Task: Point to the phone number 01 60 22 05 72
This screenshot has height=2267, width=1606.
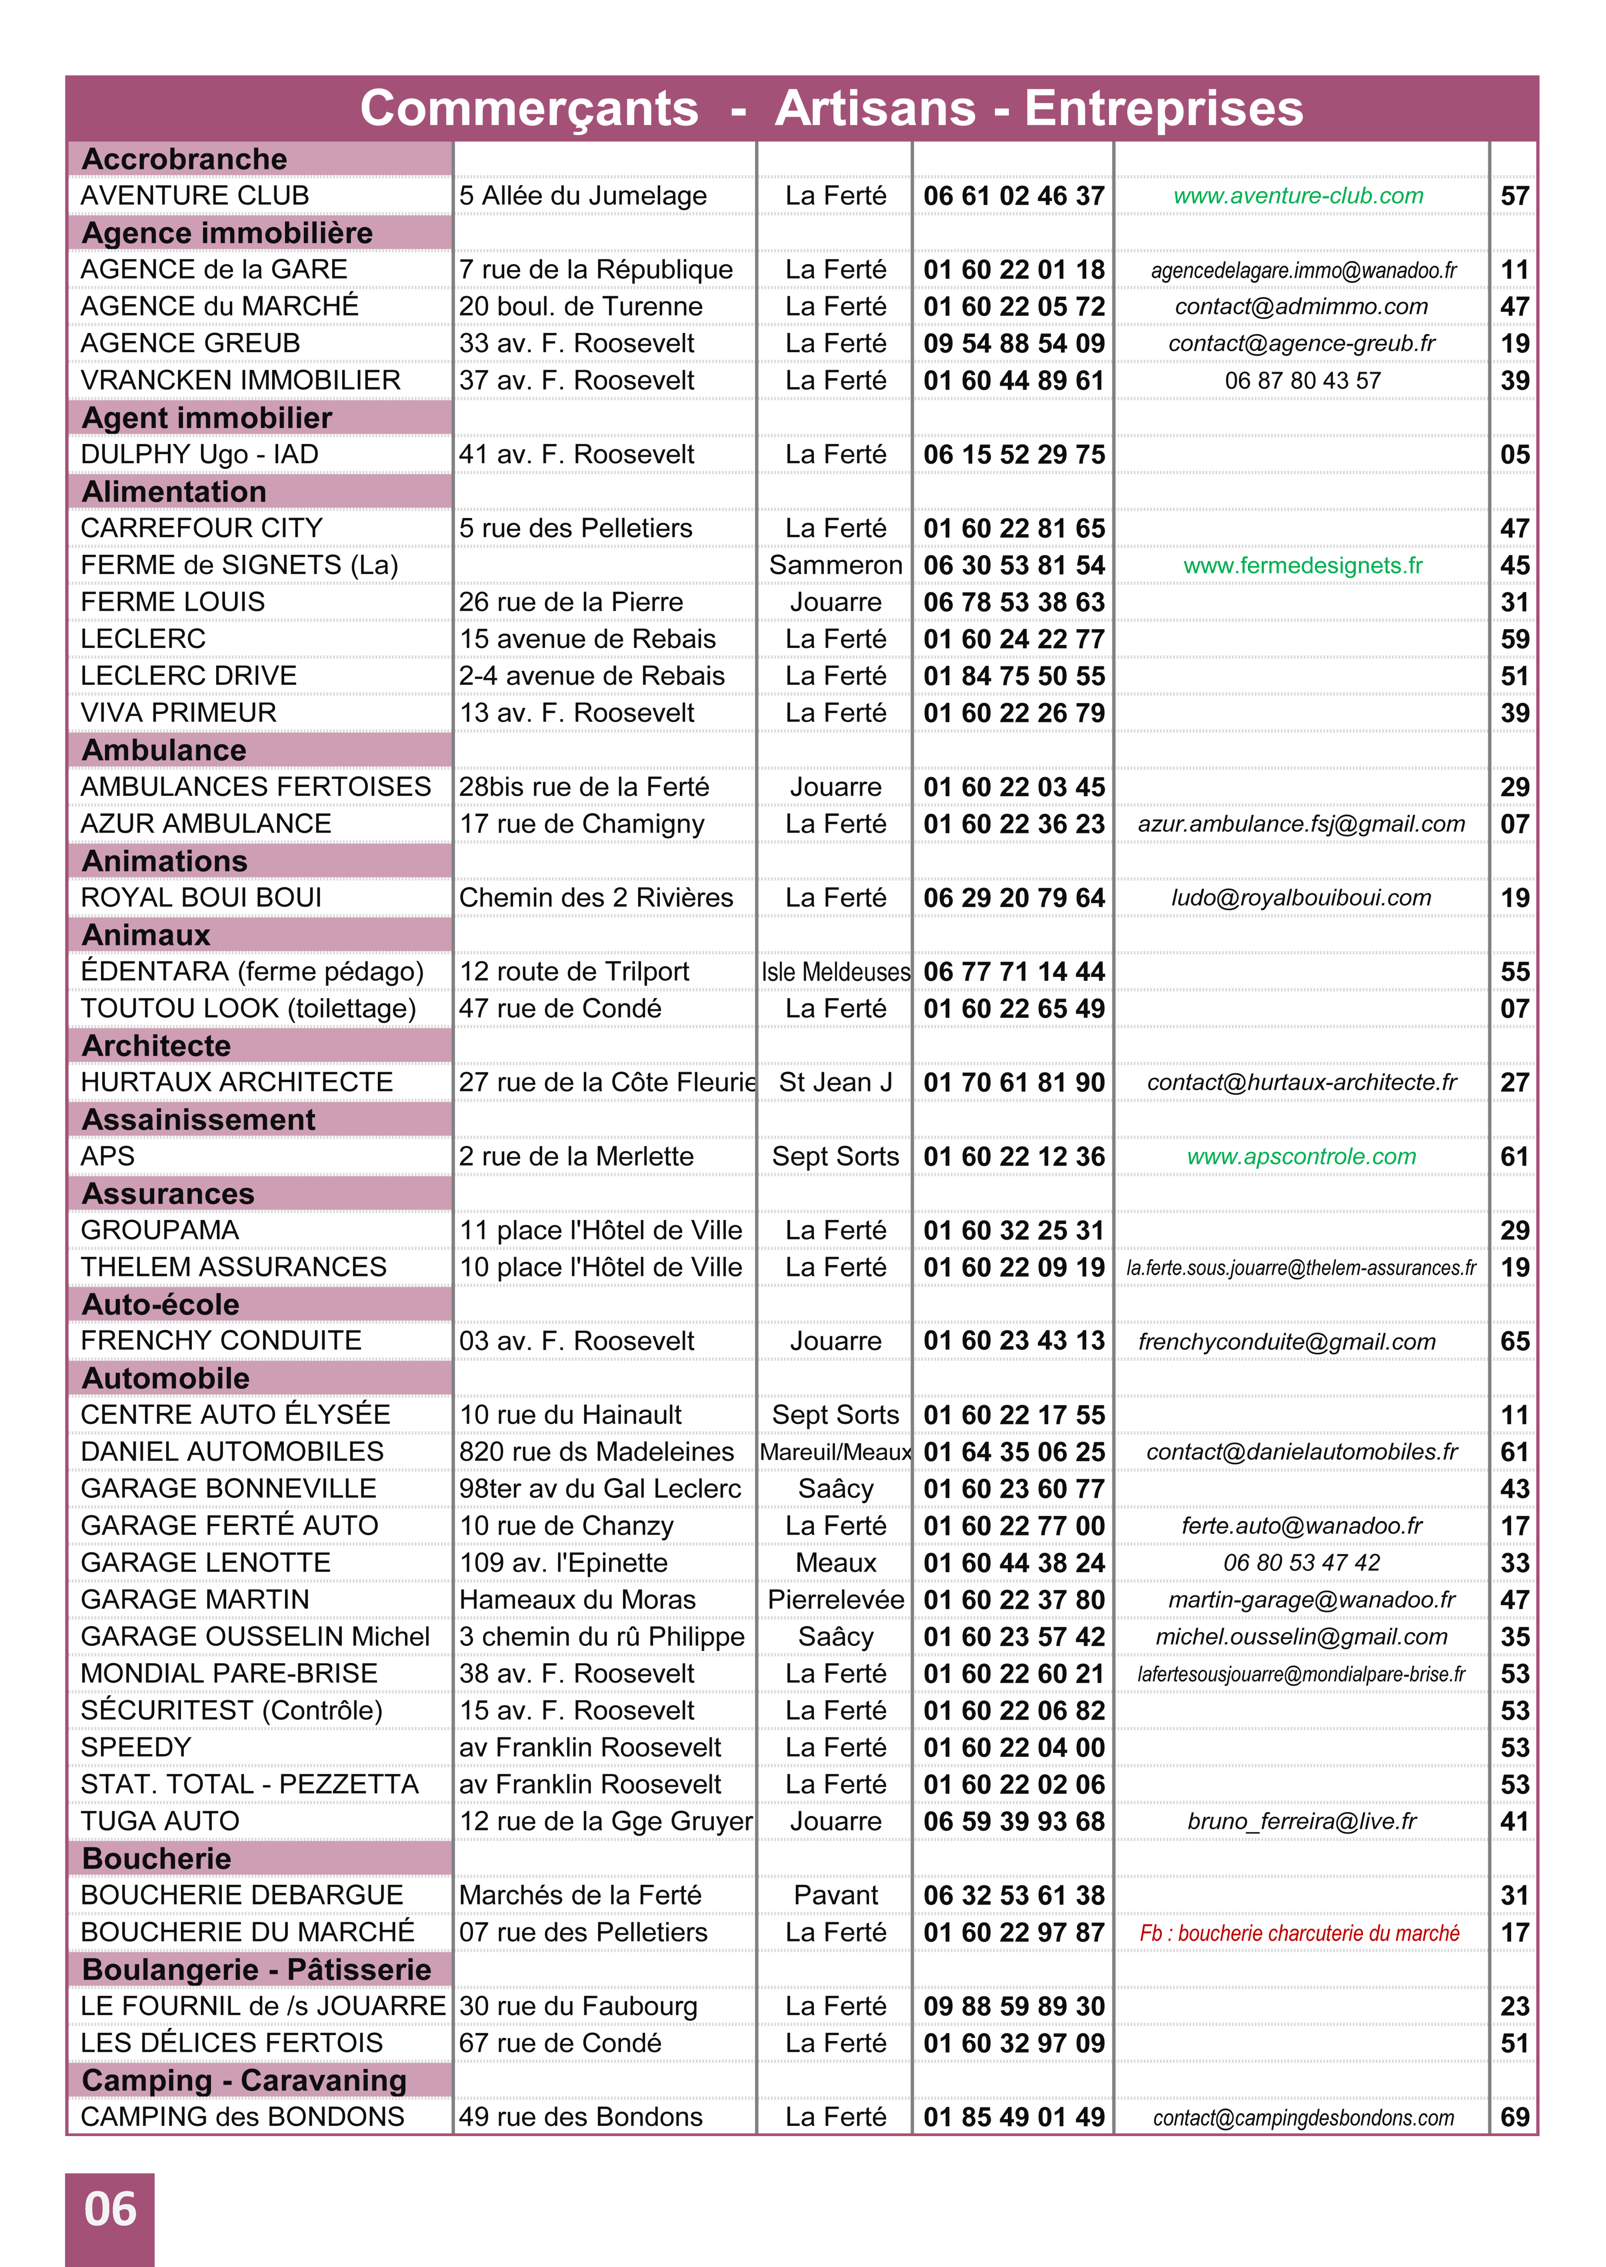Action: pyautogui.click(x=1014, y=307)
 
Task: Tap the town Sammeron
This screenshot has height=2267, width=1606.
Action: pyautogui.click(x=836, y=565)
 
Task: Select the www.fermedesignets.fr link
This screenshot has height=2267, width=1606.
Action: pyautogui.click(x=1302, y=565)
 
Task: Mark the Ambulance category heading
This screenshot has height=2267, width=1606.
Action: pyautogui.click(x=163, y=750)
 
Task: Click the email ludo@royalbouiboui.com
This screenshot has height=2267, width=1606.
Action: pyautogui.click(x=1301, y=898)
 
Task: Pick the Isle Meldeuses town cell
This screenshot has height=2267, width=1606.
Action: pyautogui.click(x=836, y=972)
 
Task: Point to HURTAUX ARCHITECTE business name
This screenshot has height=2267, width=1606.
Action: pyautogui.click(x=236, y=1082)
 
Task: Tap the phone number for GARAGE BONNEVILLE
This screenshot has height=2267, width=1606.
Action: pyautogui.click(x=1014, y=1489)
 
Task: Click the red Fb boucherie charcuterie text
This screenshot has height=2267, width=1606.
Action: pyautogui.click(x=1298, y=1933)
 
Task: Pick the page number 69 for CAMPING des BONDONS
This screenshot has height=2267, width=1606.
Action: pyautogui.click(x=1514, y=2118)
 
